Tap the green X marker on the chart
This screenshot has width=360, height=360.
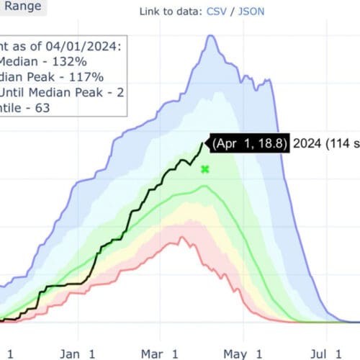(x=205, y=169)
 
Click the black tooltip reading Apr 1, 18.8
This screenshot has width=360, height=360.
(x=249, y=143)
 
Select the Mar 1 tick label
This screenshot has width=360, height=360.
(x=160, y=354)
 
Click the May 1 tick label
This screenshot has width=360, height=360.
(x=243, y=354)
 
